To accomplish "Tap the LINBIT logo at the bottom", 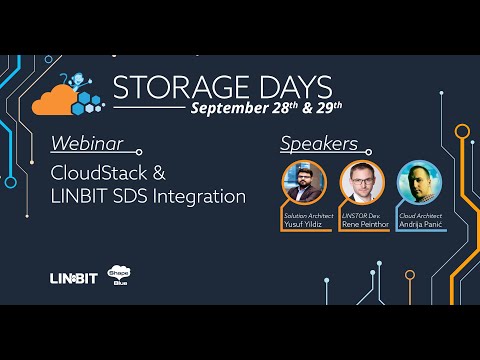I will click(73, 277).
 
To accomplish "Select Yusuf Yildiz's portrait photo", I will click(305, 181).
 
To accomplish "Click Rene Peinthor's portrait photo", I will click(361, 181).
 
